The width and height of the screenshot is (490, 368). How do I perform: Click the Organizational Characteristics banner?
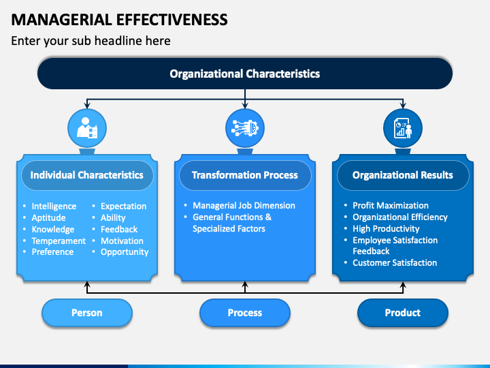[245, 74]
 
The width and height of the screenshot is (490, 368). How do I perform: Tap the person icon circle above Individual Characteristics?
[87, 128]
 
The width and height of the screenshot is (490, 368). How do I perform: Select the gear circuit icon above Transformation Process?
[245, 128]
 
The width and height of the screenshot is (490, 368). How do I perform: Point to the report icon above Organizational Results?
[403, 128]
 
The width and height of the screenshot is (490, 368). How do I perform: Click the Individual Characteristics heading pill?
[87, 175]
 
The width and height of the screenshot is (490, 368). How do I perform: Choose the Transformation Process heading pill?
[245, 175]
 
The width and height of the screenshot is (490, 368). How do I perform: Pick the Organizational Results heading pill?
[403, 175]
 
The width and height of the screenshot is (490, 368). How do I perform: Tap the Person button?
[87, 313]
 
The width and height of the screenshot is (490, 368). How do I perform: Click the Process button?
[245, 313]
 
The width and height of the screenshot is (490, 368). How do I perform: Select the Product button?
[402, 313]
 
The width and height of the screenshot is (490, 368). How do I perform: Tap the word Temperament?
[59, 241]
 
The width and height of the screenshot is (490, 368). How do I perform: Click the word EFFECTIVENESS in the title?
[172, 19]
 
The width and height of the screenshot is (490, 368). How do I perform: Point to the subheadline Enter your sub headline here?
[91, 41]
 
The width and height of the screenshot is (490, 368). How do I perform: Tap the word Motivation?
[122, 241]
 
